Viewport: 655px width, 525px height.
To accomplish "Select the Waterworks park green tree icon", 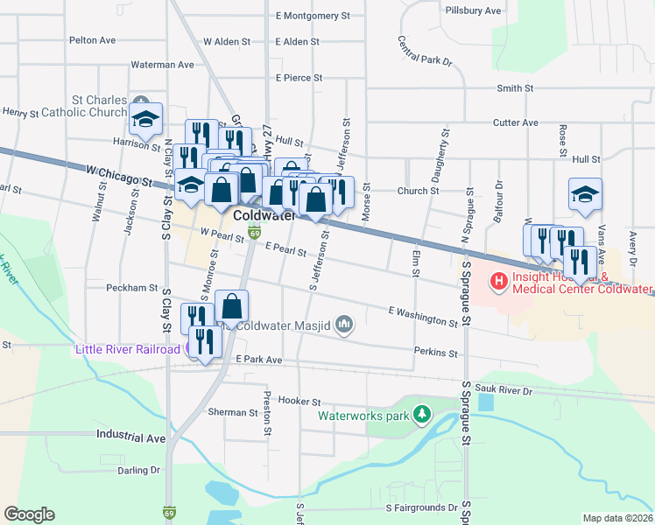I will click(x=422, y=413).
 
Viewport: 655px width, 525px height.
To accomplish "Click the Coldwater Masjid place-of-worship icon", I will click(x=344, y=325).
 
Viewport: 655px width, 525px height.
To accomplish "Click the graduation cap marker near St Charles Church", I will click(x=146, y=118).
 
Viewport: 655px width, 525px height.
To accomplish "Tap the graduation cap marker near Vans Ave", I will click(x=585, y=195).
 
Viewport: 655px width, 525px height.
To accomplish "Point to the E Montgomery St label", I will click(x=312, y=16).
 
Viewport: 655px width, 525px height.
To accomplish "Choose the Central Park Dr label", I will click(x=425, y=52).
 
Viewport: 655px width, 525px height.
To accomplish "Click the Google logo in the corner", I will click(x=29, y=514).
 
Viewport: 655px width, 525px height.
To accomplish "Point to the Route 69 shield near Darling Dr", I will click(x=167, y=511).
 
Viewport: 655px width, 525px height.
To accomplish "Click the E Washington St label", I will click(x=423, y=317).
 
